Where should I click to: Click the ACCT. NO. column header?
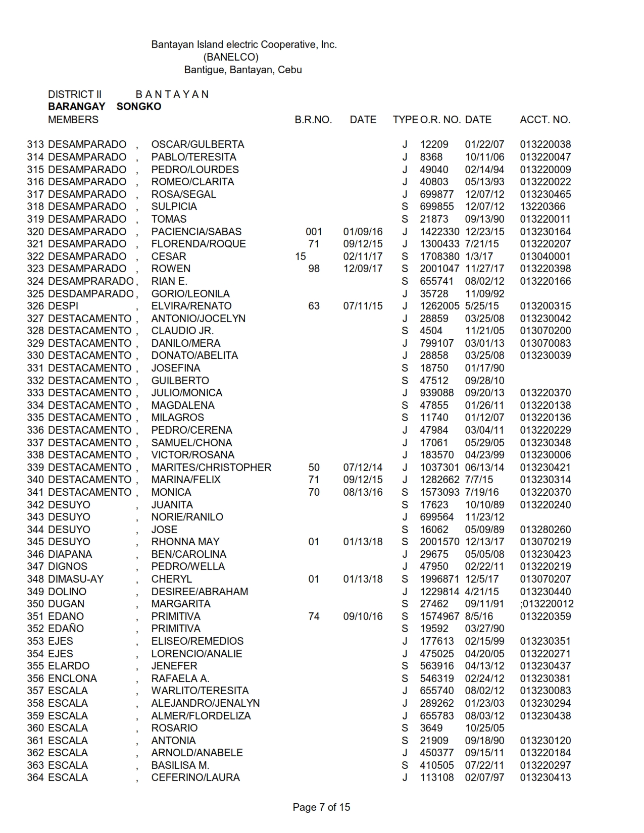click(x=545, y=120)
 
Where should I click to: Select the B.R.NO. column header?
click(x=313, y=120)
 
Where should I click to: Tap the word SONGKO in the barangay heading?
click(x=139, y=107)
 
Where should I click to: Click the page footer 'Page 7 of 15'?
click(x=321, y=807)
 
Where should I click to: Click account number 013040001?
click(x=546, y=256)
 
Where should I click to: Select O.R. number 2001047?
click(x=440, y=269)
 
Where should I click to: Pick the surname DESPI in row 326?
click(x=63, y=306)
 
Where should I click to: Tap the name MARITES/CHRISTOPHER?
click(x=211, y=467)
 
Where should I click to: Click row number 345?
click(x=36, y=542)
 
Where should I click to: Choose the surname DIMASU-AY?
click(x=76, y=579)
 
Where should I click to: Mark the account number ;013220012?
click(x=547, y=604)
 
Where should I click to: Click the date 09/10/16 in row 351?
click(x=363, y=616)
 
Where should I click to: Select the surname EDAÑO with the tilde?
click(x=66, y=629)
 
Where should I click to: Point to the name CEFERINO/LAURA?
click(x=195, y=777)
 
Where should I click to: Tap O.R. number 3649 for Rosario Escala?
click(x=431, y=728)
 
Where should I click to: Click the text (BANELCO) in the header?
click(x=231, y=57)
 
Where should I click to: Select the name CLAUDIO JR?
click(x=182, y=331)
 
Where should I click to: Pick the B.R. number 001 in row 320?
click(x=314, y=232)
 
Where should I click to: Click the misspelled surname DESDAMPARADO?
click(x=91, y=294)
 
